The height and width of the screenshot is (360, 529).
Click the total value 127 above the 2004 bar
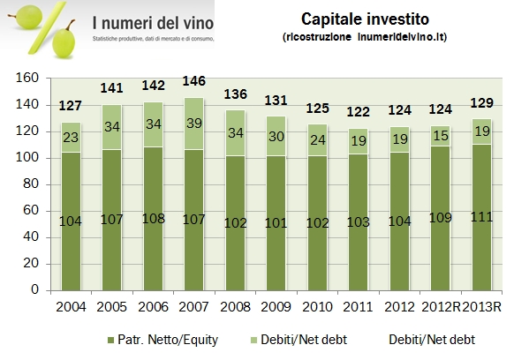click(x=70, y=107)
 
